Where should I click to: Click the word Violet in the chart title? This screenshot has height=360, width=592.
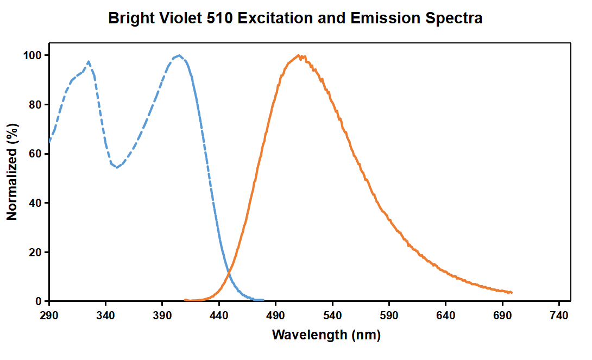pos(180,18)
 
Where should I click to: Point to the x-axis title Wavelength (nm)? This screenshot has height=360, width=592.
pos(326,334)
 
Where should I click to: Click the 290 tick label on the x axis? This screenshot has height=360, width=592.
pos(49,315)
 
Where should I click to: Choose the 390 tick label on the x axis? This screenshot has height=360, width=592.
pos(162,315)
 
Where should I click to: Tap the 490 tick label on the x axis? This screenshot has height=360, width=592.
pos(276,315)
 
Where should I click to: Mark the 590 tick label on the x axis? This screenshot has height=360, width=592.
pos(389,315)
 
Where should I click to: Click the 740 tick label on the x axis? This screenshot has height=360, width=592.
pos(559,315)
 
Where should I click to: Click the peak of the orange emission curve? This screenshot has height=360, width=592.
pos(298,55)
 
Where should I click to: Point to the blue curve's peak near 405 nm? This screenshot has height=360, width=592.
pos(179,55)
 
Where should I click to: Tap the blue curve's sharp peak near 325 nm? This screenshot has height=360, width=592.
pos(89,61)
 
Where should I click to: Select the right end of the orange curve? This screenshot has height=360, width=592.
pos(512,293)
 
